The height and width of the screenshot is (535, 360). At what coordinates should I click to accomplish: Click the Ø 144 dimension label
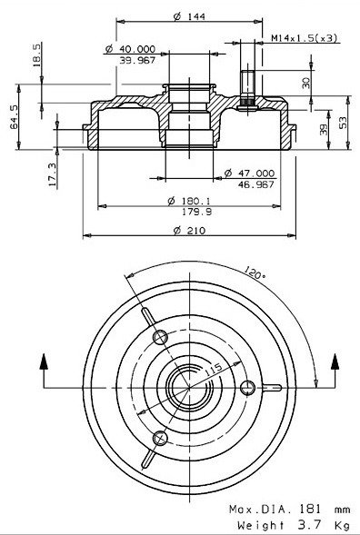click(189, 16)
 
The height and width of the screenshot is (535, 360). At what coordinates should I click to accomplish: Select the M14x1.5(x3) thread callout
click(304, 37)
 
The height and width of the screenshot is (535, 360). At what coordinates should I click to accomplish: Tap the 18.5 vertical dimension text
click(36, 54)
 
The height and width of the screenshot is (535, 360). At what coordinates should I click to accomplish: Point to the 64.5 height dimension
click(14, 116)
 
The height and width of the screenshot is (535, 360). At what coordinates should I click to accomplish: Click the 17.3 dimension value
click(52, 174)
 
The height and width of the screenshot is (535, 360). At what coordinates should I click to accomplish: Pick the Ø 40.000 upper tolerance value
click(130, 49)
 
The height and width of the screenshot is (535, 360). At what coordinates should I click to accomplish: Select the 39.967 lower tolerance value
click(137, 60)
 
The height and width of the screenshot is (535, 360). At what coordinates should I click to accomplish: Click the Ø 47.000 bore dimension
click(249, 173)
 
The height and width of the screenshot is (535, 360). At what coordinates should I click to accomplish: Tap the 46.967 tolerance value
click(255, 184)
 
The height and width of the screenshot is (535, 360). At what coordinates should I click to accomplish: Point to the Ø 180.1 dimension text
click(189, 201)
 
